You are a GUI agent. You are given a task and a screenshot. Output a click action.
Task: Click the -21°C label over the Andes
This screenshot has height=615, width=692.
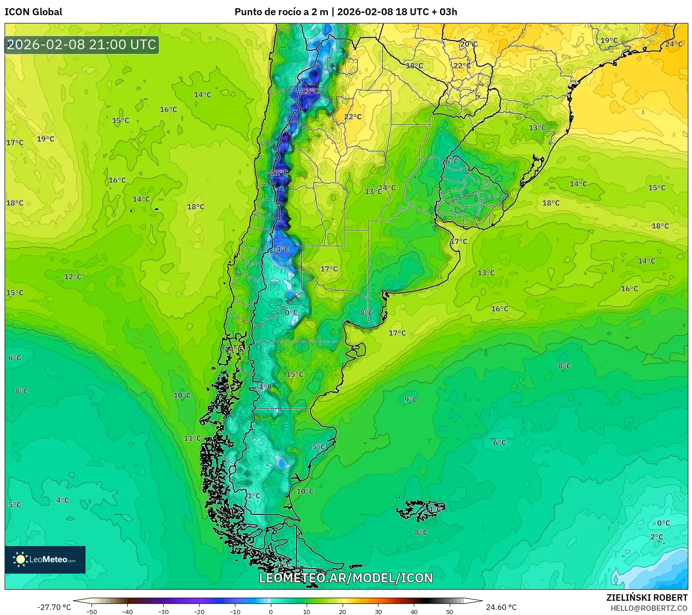click(279, 173)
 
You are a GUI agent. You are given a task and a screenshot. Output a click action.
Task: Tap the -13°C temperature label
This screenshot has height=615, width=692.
click(309, 91)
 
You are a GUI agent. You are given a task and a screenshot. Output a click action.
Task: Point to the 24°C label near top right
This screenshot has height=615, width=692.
click(674, 44)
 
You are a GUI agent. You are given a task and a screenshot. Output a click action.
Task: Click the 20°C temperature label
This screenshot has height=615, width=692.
click(469, 44)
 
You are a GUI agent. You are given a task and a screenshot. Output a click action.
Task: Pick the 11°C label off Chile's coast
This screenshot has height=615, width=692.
click(192, 438)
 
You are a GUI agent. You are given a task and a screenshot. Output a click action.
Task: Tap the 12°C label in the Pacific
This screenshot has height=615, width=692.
click(73, 277)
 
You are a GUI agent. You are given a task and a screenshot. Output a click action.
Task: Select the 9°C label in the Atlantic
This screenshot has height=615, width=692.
click(411, 399)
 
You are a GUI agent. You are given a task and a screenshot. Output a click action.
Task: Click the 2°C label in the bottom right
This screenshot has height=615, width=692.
click(657, 537)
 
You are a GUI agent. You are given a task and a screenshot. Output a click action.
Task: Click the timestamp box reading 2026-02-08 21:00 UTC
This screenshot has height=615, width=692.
click(82, 45)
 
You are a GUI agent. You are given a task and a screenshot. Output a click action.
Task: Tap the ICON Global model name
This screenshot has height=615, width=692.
click(33, 12)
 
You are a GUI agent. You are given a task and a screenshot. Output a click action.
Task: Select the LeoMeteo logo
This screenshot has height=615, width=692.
click(45, 559)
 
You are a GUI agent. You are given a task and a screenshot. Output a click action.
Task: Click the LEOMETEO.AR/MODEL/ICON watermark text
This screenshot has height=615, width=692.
click(346, 578)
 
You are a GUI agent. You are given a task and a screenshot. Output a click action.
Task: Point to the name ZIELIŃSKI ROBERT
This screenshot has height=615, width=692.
click(646, 598)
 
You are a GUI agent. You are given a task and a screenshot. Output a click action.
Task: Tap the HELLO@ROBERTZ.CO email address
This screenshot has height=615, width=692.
click(649, 608)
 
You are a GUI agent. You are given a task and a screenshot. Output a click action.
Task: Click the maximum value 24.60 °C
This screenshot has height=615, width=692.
click(501, 607)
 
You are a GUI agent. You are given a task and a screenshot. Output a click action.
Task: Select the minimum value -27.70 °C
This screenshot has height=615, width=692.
click(54, 607)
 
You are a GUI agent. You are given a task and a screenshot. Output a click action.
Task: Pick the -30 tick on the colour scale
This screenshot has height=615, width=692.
click(163, 611)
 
